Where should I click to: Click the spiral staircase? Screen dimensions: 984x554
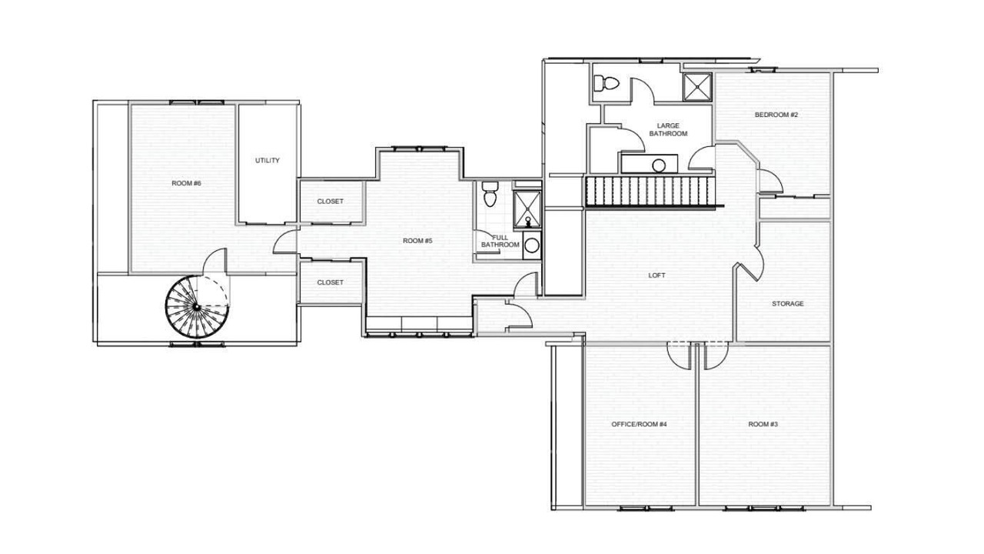point(198,307)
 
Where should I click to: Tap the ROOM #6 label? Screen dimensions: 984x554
point(186,183)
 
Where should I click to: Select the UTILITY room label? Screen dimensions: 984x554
point(267,161)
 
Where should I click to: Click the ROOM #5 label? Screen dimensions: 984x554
point(417,241)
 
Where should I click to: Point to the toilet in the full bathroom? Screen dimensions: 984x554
point(490,193)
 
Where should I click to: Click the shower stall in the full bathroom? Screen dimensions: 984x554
point(527,209)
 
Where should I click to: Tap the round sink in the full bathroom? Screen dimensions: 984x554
point(532,245)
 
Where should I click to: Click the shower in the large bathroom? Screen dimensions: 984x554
point(697,87)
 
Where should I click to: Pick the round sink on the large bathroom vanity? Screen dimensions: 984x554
point(659,165)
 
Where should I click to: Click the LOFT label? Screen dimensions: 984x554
point(657,275)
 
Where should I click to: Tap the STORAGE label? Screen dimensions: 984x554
point(788,303)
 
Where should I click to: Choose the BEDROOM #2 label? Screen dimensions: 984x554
point(776,115)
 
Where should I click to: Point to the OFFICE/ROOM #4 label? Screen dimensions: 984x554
point(639,424)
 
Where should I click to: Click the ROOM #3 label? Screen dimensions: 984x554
point(763,424)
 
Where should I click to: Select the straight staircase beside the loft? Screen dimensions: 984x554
point(650,192)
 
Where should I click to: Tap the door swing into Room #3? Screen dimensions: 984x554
point(716,355)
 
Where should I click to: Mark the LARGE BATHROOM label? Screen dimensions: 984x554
point(668,130)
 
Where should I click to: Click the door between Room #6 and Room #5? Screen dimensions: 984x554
point(284,242)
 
